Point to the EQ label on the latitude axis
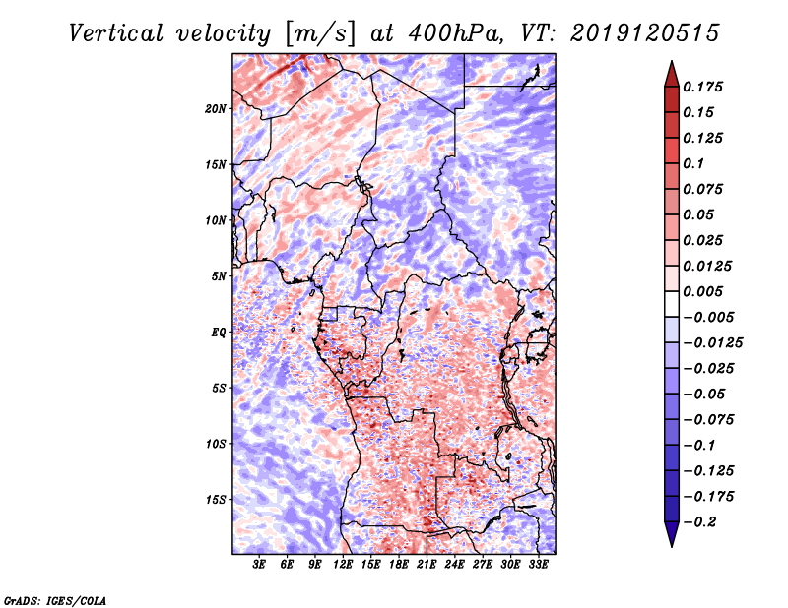219,332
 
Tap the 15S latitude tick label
217,499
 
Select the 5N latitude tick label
220,275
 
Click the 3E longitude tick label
260,565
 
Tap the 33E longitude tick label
539,565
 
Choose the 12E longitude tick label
344,565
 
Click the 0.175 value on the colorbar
706,88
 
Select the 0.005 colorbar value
706,292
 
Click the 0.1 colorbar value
697,164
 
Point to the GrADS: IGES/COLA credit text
55,599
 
